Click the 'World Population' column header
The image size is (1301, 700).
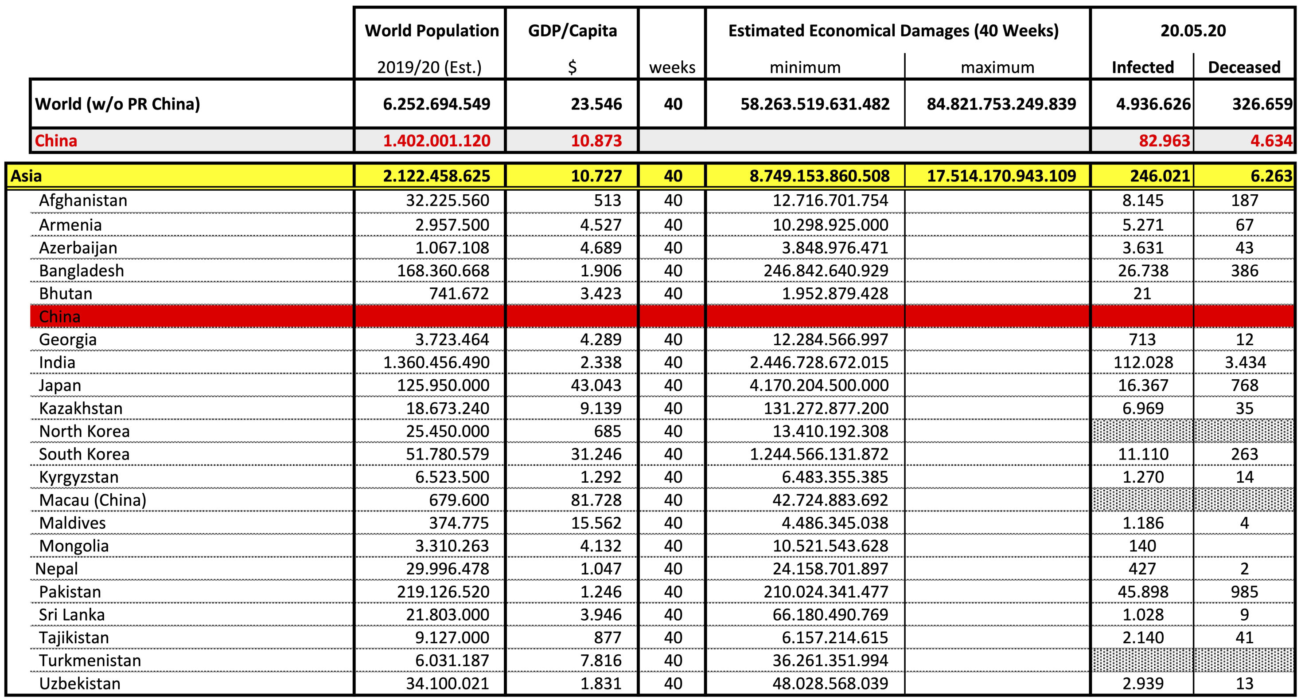432,31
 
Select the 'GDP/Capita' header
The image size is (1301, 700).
572,31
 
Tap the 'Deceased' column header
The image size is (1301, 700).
1244,67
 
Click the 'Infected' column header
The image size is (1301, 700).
1142,67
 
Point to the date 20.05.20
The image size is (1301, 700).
1193,31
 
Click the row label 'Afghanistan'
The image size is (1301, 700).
83,201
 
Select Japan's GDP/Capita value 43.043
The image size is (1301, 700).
596,385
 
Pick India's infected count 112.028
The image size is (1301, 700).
1143,362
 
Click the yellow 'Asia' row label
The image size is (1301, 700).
26,176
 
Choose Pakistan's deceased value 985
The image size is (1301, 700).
1244,592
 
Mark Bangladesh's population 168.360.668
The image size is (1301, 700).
443,271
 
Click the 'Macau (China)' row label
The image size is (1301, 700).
93,500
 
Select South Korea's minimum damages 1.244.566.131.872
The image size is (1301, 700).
819,454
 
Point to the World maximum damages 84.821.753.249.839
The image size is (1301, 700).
1001,104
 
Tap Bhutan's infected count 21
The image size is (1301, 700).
1142,294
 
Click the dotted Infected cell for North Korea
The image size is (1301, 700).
1142,431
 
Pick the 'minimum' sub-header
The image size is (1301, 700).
805,68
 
